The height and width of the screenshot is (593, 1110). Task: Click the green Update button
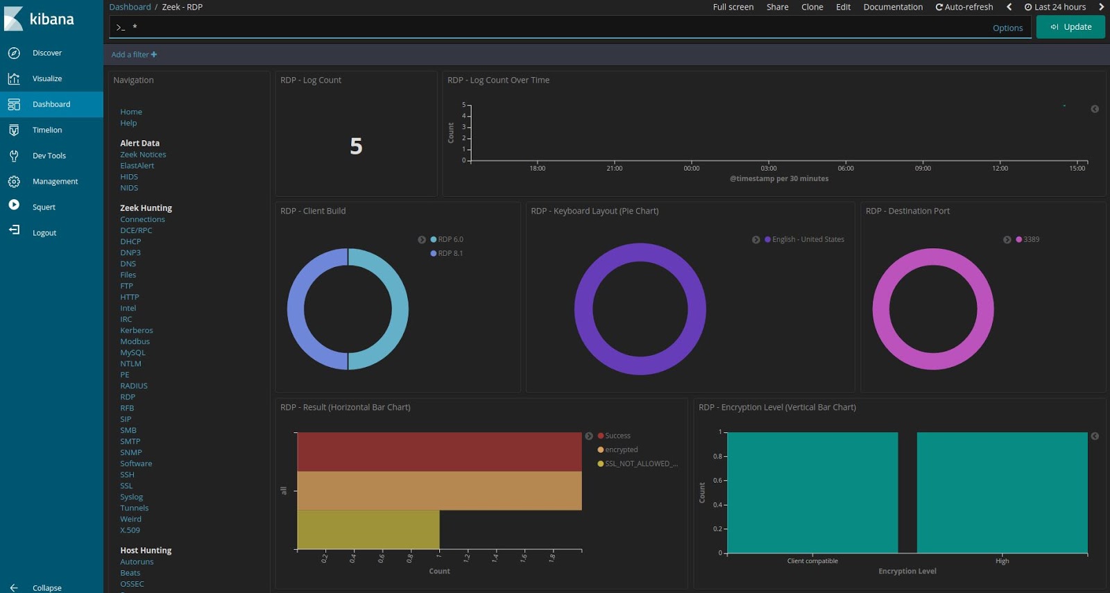click(x=1070, y=27)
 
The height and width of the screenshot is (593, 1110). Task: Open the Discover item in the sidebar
click(x=46, y=53)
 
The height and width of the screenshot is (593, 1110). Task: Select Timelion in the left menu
click(x=46, y=130)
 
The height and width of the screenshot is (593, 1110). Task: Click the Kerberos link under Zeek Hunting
click(x=136, y=330)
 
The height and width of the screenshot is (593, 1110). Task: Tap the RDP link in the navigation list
click(x=128, y=397)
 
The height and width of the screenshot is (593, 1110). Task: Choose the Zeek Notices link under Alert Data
click(x=143, y=155)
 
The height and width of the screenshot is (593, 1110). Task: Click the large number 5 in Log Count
click(x=356, y=146)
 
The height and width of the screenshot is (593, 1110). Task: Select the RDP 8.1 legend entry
click(x=450, y=253)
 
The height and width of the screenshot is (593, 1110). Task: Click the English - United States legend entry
click(x=808, y=239)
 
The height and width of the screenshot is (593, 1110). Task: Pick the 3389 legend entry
click(x=1031, y=239)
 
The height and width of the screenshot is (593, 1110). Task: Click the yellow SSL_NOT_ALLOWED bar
click(x=368, y=529)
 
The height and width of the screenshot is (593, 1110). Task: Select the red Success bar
click(x=438, y=452)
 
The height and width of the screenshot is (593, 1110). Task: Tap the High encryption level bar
click(x=1002, y=492)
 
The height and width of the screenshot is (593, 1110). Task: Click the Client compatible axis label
click(x=812, y=561)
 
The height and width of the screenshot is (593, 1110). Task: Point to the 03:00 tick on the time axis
click(x=769, y=168)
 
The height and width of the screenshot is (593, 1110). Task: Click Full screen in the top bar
click(x=733, y=7)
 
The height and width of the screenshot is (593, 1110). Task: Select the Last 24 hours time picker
click(x=1055, y=7)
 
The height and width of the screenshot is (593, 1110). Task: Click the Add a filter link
click(x=134, y=55)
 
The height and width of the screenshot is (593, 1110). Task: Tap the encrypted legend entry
click(x=621, y=449)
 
